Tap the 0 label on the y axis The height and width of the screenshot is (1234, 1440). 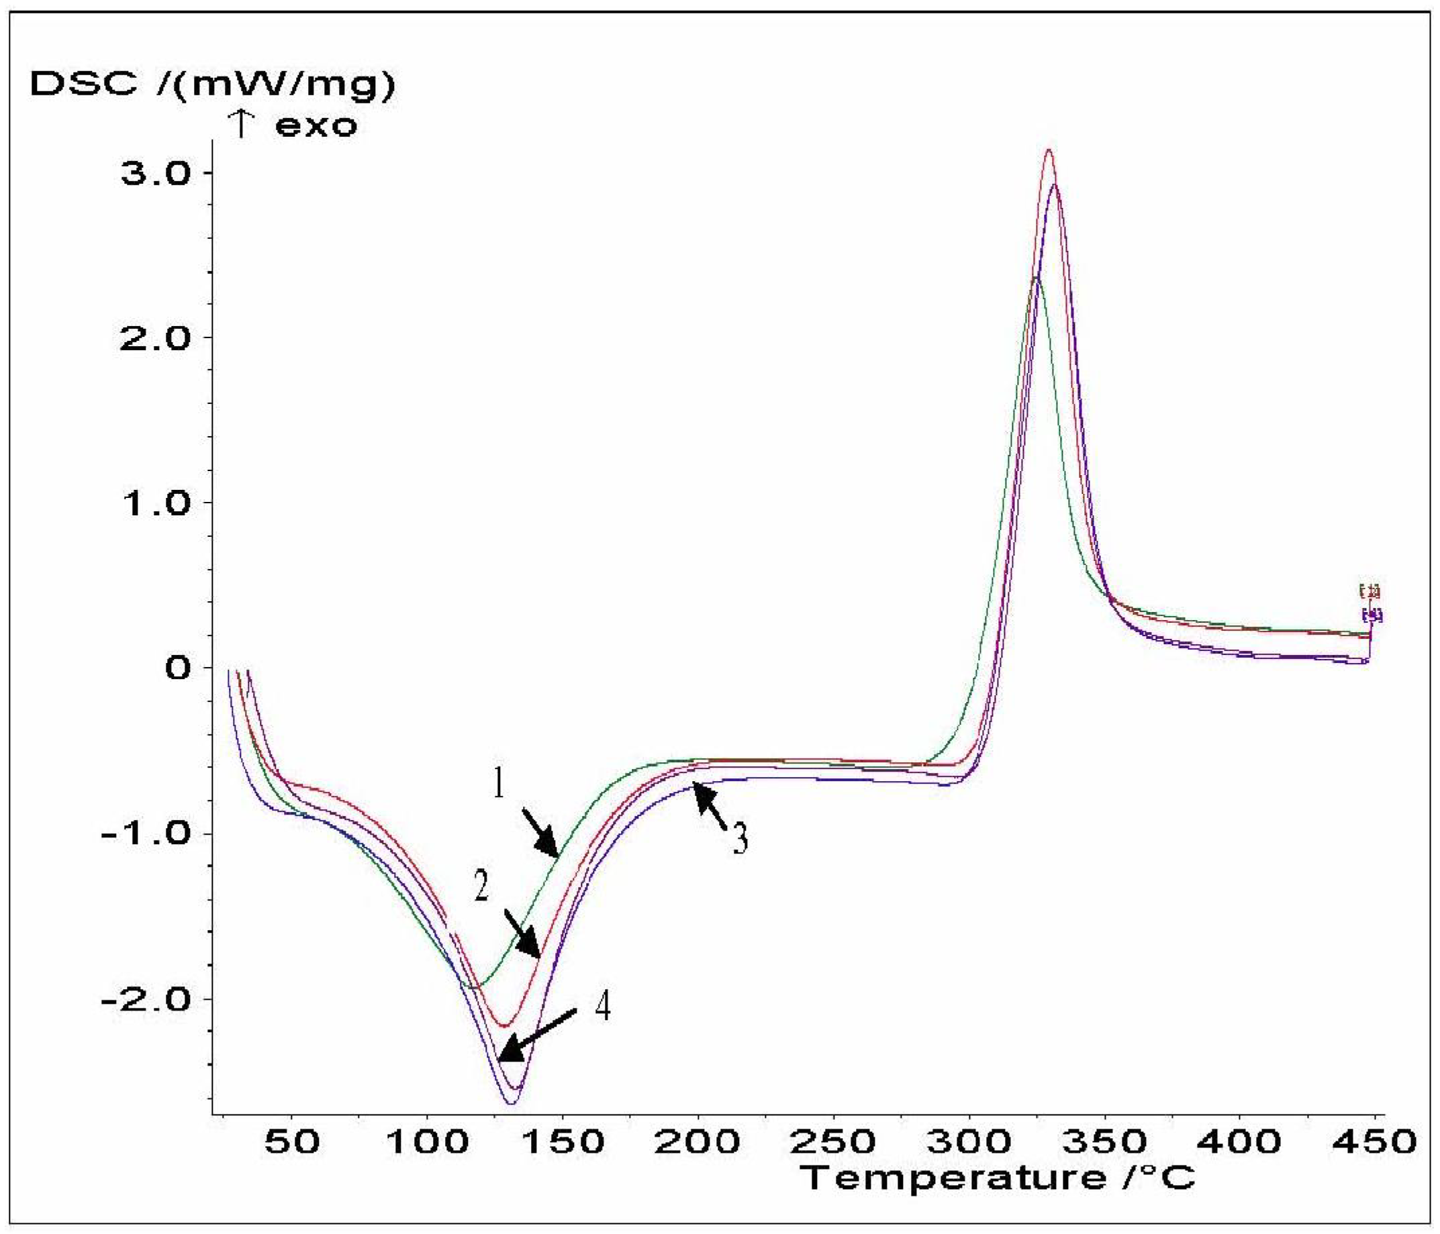(x=179, y=668)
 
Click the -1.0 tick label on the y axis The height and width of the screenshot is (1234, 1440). (x=146, y=833)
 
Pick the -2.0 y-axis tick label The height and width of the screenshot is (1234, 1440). (x=146, y=998)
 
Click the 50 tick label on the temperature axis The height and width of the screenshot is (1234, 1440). (x=292, y=1141)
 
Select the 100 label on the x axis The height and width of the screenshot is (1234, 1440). (x=427, y=1141)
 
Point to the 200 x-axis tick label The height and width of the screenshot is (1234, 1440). (x=697, y=1141)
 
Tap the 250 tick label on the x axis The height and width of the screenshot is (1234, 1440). (x=832, y=1141)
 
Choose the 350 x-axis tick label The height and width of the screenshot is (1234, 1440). (x=1104, y=1141)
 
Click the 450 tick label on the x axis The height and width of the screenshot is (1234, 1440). (x=1374, y=1141)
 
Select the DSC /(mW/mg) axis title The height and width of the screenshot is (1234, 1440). (x=213, y=85)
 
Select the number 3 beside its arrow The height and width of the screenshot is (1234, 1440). (x=741, y=839)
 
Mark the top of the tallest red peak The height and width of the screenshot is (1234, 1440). (x=1049, y=150)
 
